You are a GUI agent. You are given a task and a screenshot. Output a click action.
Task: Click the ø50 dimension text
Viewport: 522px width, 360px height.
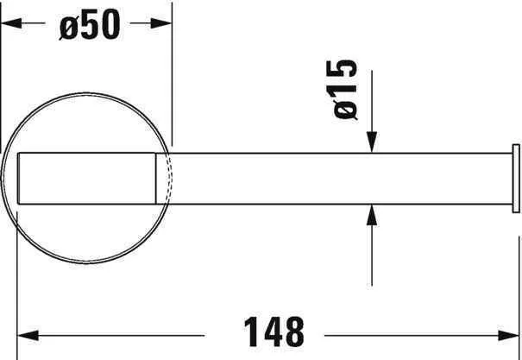coord(89,27)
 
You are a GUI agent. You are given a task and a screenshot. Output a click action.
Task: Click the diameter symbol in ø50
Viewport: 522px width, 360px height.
coord(69,28)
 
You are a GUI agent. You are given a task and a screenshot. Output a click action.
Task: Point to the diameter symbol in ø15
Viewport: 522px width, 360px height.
coord(343,111)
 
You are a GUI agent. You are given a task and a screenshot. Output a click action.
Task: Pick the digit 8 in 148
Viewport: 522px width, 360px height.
coord(292,332)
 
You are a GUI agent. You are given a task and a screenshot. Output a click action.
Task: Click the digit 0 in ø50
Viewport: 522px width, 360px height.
coord(108,27)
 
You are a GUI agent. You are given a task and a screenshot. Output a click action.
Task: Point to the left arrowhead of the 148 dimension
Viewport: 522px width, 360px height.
coord(28,332)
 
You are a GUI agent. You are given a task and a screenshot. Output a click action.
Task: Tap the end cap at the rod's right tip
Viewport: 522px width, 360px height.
coord(516,177)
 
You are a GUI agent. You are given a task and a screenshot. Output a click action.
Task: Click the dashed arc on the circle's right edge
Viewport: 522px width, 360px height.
coord(169,177)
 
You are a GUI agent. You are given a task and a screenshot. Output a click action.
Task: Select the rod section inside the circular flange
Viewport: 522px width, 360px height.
coord(86,178)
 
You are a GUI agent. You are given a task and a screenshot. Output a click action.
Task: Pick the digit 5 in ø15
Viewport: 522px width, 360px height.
coord(343,73)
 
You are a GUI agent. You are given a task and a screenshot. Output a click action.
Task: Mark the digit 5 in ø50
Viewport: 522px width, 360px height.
coord(89,27)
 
